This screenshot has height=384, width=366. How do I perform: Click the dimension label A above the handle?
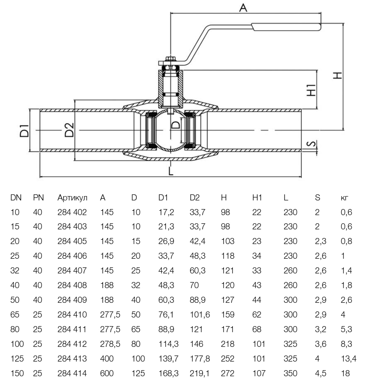243,7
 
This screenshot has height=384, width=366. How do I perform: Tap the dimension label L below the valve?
171,171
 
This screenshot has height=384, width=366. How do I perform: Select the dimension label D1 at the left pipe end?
25,130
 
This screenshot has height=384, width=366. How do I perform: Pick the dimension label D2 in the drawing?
69,130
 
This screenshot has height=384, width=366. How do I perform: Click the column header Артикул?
72,198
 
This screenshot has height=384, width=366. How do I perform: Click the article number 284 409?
72,300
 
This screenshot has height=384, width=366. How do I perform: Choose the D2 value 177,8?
199,359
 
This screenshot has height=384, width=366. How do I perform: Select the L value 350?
290,373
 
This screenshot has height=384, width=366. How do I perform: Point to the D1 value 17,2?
167,212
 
